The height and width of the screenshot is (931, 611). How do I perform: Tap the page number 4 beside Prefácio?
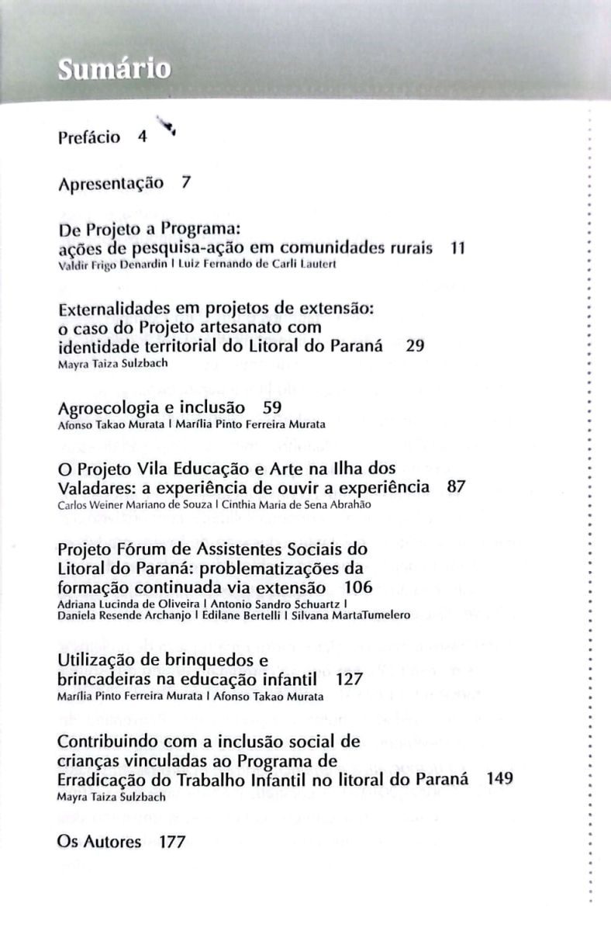click(142, 138)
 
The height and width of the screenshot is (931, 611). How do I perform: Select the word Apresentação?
click(111, 185)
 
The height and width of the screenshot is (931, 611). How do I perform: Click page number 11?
click(457, 248)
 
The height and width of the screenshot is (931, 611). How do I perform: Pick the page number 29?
click(415, 346)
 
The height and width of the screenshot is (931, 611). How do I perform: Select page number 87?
click(457, 488)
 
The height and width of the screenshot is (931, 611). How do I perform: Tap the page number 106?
click(358, 587)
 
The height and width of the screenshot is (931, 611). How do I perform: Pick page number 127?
click(350, 680)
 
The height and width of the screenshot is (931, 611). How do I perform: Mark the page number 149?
click(499, 778)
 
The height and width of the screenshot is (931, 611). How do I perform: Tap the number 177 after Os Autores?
click(171, 842)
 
